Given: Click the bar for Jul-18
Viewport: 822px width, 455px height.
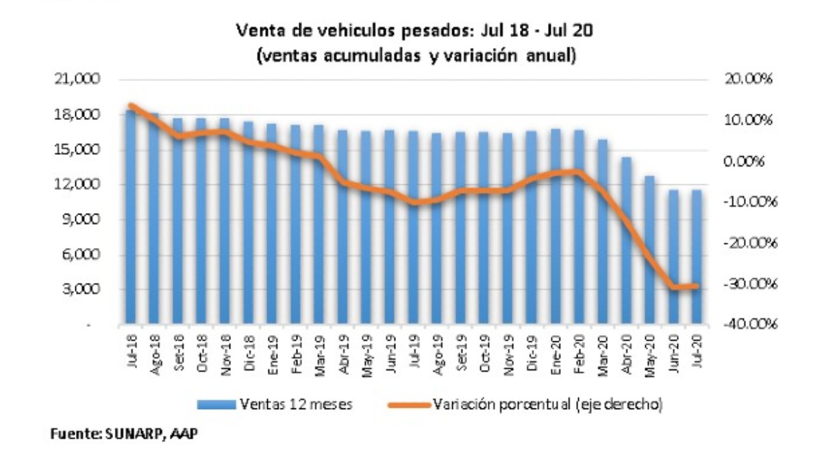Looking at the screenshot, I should pyautogui.click(x=131, y=216).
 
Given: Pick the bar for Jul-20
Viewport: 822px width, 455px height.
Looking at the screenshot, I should pyautogui.click(x=697, y=257).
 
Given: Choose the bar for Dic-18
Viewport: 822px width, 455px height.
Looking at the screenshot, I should pyautogui.click(x=249, y=223).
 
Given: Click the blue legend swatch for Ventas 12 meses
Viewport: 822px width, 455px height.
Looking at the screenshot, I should pyautogui.click(x=216, y=405).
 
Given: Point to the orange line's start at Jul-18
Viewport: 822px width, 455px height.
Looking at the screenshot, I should pyautogui.click(x=131, y=106).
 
